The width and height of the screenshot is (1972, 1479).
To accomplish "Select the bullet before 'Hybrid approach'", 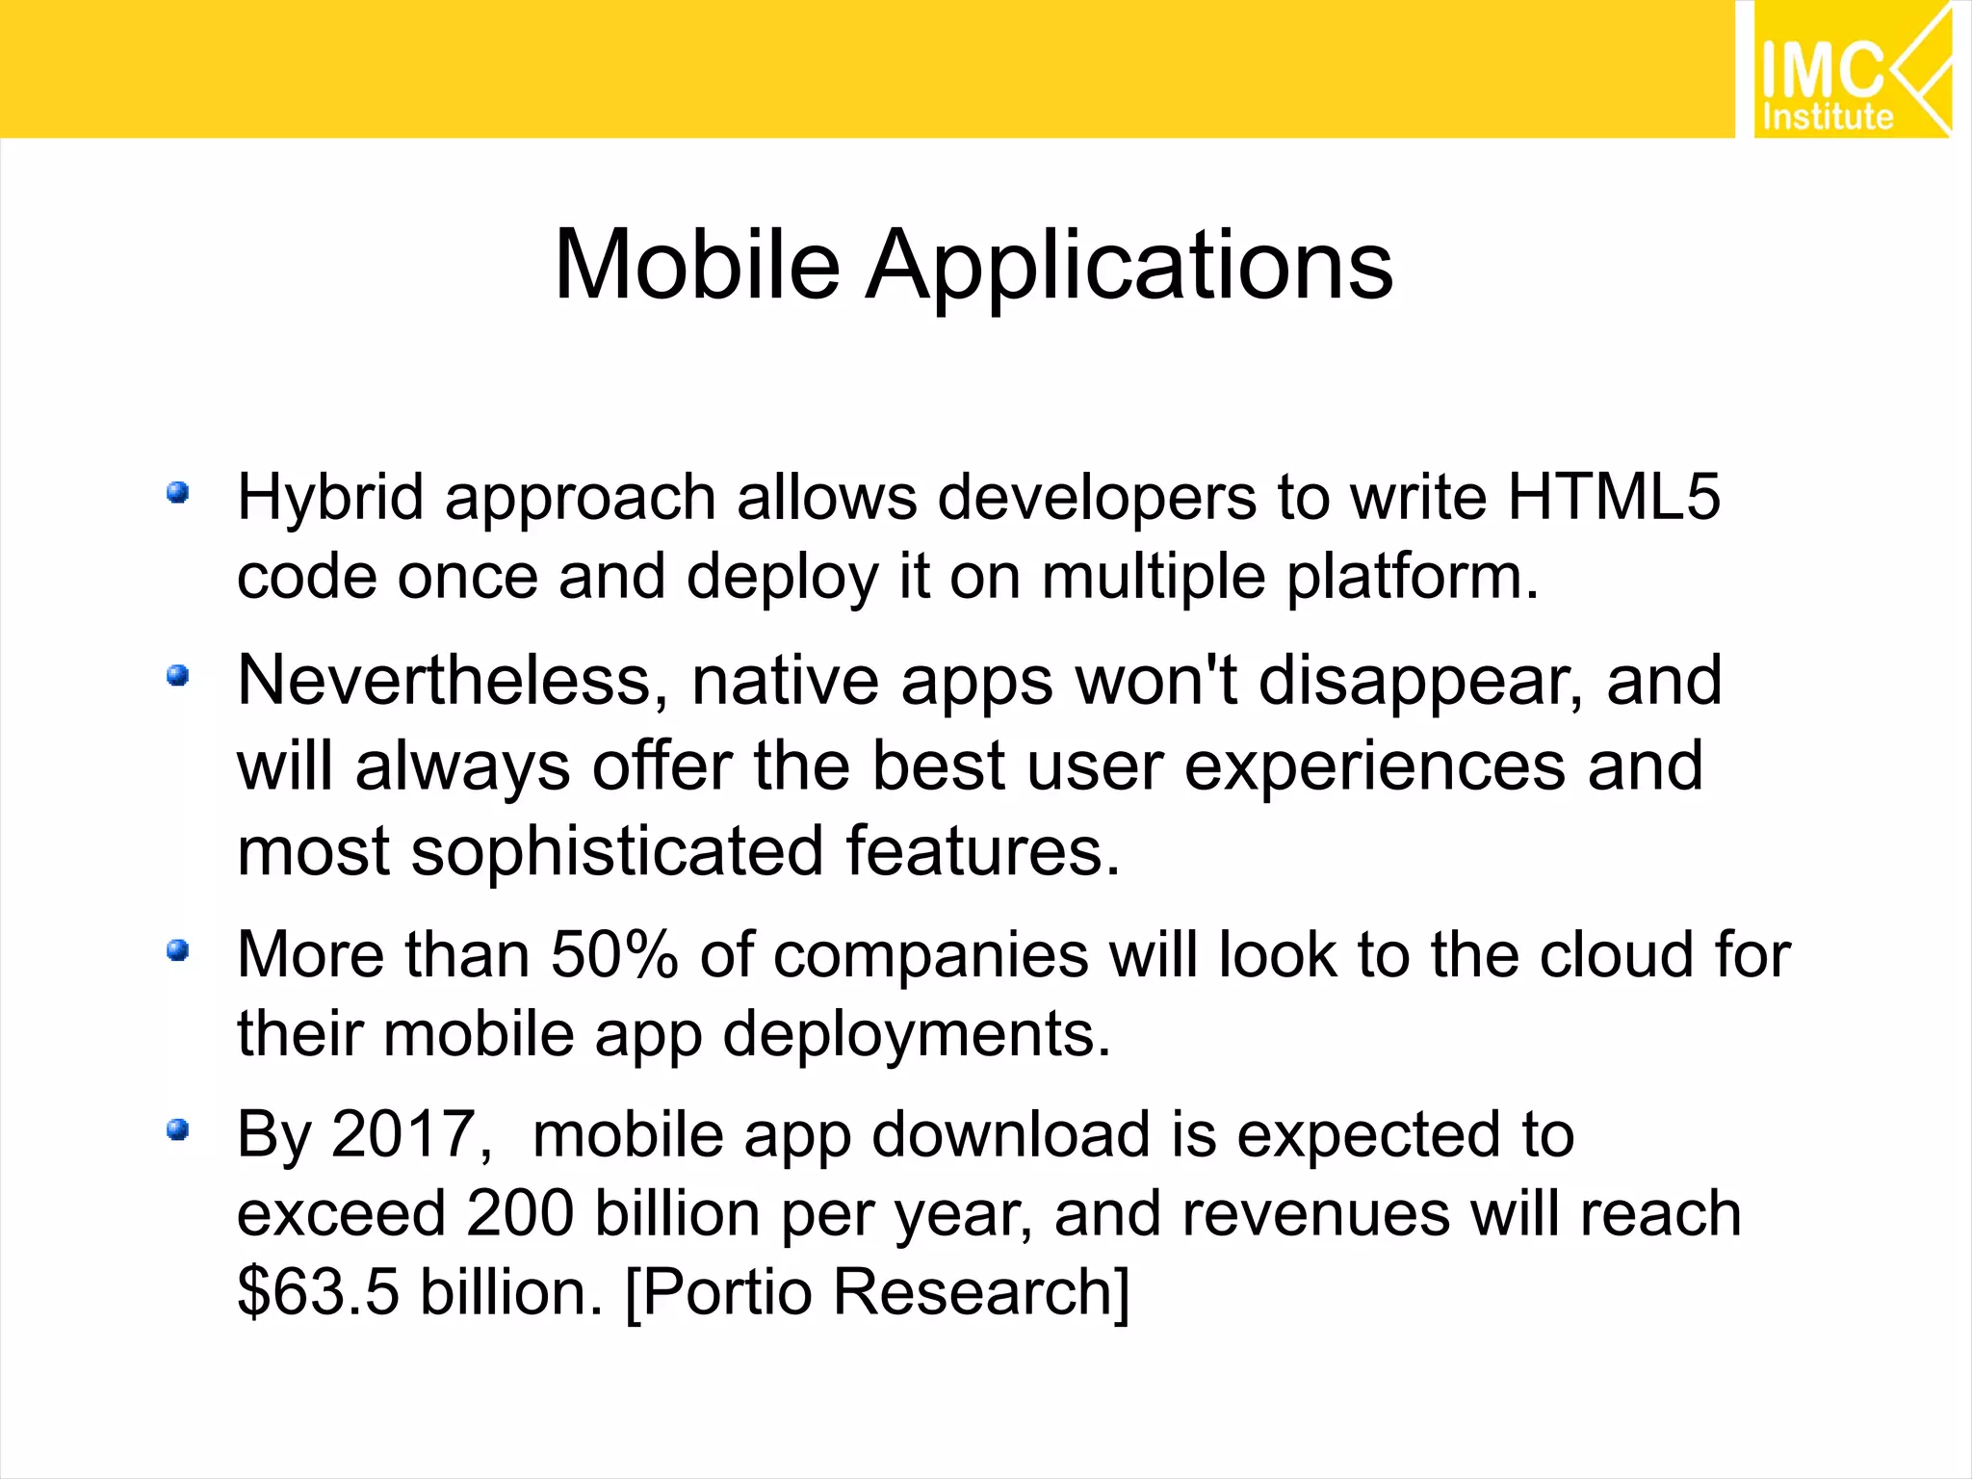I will [x=177, y=494].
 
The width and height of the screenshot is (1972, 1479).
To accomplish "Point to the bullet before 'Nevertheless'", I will [x=177, y=676].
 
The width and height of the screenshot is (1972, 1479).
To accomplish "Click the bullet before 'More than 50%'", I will [x=177, y=951].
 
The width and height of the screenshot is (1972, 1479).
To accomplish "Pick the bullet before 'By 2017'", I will [x=177, y=1129].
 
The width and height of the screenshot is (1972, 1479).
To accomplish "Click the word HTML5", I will [x=1614, y=497].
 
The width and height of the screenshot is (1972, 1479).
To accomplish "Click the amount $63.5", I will [x=318, y=1291].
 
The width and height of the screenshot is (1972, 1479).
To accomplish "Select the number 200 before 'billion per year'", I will [x=520, y=1213].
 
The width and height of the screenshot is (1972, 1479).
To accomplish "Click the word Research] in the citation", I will [x=982, y=1291].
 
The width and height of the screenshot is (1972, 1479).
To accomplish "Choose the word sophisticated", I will [x=617, y=852].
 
